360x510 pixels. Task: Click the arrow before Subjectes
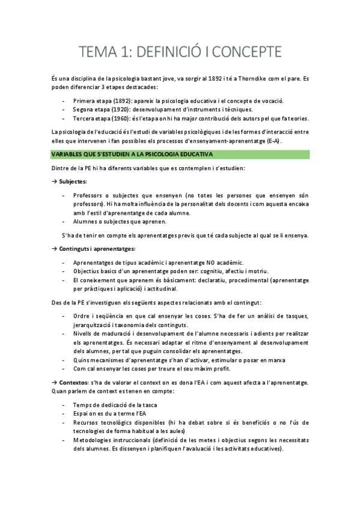[54, 182]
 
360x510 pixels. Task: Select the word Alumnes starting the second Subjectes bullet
[86, 222]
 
